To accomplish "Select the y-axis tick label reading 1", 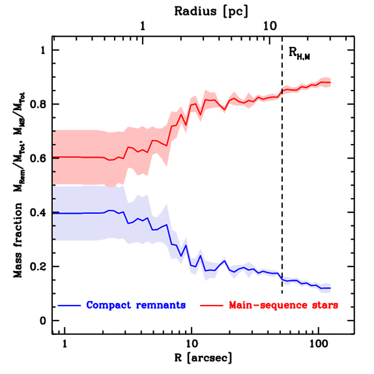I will pos(44,50).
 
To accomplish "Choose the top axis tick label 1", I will pos(143,27).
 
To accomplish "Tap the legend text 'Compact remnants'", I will pos(136,305).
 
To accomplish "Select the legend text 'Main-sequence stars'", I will pos(283,305).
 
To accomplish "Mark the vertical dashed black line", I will pos(282,183).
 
